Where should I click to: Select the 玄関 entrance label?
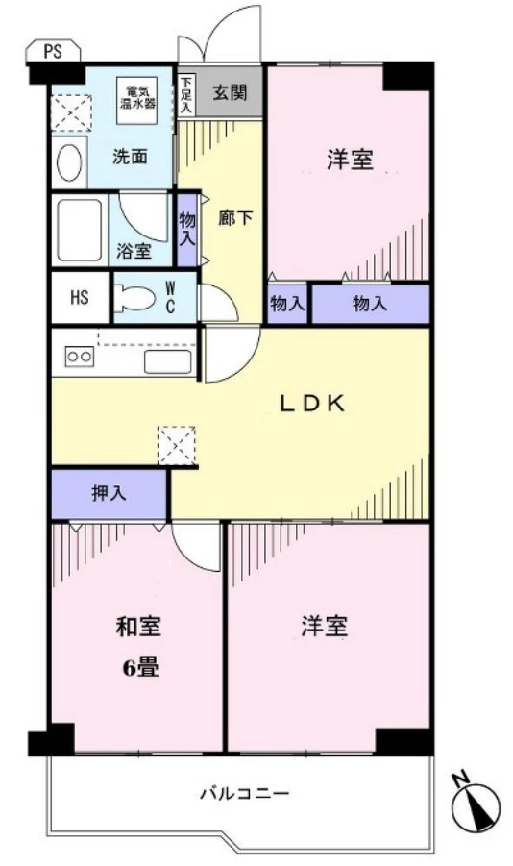tap(229, 93)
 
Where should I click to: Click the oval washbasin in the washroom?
tap(68, 162)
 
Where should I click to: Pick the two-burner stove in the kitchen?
tap(78, 357)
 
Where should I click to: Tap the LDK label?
tap(311, 405)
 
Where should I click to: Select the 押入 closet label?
tap(109, 494)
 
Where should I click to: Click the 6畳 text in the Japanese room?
tap(138, 666)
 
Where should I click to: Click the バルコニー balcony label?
tap(244, 794)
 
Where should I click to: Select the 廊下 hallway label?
tap(242, 218)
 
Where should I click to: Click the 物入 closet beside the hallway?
tap(187, 231)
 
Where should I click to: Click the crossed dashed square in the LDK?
tap(176, 445)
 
